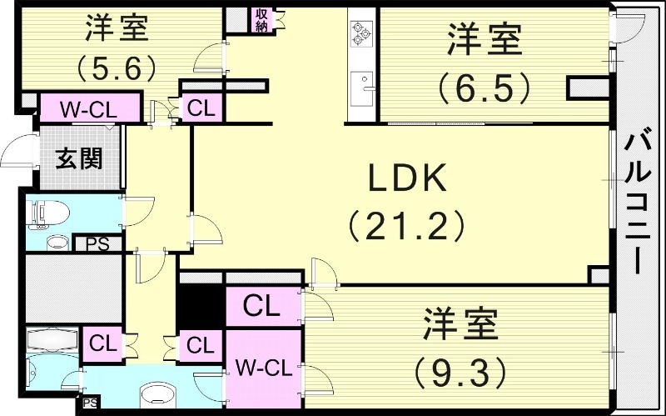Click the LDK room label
click(407, 178)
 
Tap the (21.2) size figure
click(406, 225)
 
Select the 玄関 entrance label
click(79, 158)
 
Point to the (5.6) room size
click(116, 68)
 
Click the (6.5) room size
click(484, 88)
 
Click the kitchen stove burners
click(361, 33)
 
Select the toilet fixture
click(47, 212)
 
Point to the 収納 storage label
click(261, 20)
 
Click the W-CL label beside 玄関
click(88, 110)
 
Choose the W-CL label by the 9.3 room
click(264, 368)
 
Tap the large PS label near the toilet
click(98, 244)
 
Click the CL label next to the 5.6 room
click(201, 108)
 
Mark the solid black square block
click(201, 306)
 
